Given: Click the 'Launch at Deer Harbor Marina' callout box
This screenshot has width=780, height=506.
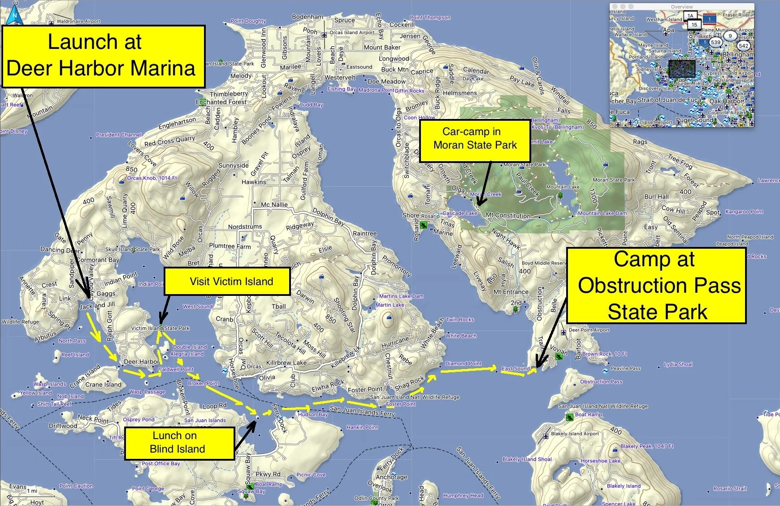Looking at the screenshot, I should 104,56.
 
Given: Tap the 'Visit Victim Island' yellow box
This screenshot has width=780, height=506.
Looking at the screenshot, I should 227,282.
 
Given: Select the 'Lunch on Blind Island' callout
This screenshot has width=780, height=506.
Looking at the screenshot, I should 179,443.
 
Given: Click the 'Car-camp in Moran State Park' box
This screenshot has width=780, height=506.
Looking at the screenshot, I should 475,139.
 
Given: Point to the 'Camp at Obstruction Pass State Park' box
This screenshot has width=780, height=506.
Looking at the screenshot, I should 656,286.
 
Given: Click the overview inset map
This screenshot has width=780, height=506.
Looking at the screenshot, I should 682,65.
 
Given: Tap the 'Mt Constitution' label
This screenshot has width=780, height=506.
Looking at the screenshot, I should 508,216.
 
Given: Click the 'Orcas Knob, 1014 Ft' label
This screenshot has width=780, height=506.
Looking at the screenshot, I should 152,178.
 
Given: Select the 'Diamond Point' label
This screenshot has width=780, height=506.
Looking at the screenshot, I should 463,363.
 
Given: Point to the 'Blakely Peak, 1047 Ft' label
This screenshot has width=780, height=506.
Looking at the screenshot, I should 647,446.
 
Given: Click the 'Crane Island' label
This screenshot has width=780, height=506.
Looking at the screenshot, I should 103,385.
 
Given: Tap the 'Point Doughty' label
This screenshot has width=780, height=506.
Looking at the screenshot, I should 248,21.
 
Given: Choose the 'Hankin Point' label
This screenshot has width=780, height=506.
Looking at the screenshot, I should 362,427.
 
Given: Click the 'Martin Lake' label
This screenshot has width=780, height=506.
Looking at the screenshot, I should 390,305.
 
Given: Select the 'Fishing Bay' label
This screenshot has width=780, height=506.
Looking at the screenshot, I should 342,89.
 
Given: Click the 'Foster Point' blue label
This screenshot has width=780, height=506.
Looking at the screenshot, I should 401,404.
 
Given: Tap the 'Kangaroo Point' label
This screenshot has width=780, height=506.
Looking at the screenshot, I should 744,211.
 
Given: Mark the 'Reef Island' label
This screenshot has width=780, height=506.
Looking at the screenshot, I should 75,355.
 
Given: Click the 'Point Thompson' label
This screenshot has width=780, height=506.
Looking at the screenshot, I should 430,18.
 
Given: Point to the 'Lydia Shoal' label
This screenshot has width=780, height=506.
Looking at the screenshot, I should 678,364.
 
